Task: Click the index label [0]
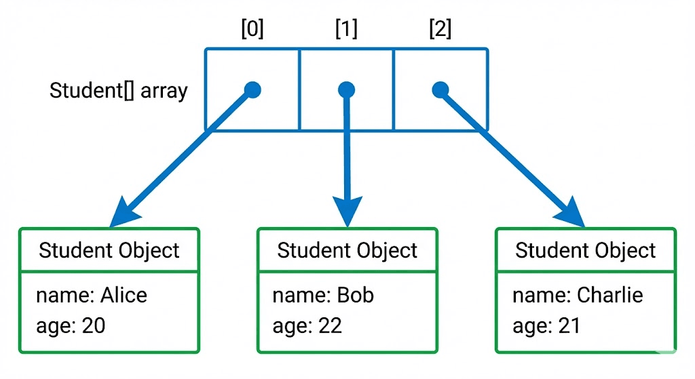[252, 29]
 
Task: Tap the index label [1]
[346, 29]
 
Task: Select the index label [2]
[440, 29]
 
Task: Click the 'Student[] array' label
[118, 91]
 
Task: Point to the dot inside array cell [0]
[252, 89]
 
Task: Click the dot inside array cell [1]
[347, 89]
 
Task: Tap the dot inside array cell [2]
[440, 89]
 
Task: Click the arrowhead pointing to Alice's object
[126, 212]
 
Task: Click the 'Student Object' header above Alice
[109, 250]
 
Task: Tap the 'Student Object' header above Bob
[347, 250]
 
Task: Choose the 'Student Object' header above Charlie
[585, 250]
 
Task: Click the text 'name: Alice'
[91, 295]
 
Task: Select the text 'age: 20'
[71, 325]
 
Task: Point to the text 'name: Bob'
[323, 295]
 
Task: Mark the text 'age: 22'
[307, 325]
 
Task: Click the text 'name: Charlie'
[577, 295]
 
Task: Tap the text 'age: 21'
[546, 325]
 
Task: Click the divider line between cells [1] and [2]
[394, 89]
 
